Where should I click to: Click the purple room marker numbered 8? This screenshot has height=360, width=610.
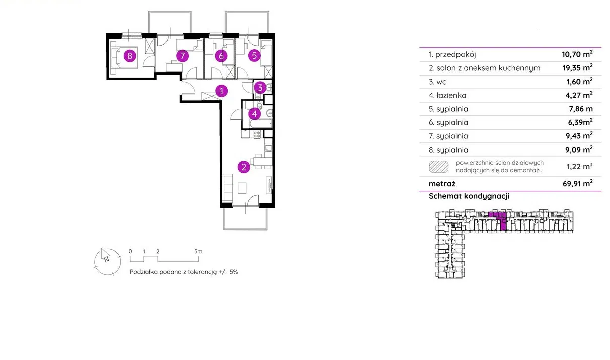coord(130,56)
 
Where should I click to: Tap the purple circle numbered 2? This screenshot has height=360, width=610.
coord(244,167)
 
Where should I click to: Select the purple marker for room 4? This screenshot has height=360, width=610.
coord(254,114)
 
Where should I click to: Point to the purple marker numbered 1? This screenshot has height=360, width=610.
coord(221,91)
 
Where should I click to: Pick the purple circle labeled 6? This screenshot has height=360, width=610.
coord(221,56)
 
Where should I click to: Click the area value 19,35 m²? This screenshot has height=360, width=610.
coord(578,67)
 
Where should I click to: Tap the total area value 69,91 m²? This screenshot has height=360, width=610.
coord(578,183)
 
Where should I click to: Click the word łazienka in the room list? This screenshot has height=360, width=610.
coord(451,95)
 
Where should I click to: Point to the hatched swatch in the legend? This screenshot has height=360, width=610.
coord(439,167)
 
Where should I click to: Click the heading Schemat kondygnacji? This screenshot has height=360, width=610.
coord(469,196)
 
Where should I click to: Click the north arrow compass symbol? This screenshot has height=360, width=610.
coord(107,262)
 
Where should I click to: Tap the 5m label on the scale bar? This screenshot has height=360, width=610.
coord(198,251)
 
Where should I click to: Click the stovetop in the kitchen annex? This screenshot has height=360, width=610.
coord(257,134)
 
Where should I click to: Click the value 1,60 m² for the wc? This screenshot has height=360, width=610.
coord(579,81)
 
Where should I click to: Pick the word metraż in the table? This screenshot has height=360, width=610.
coord(442,184)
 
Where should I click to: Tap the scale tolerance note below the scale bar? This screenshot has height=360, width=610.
coord(184,272)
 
